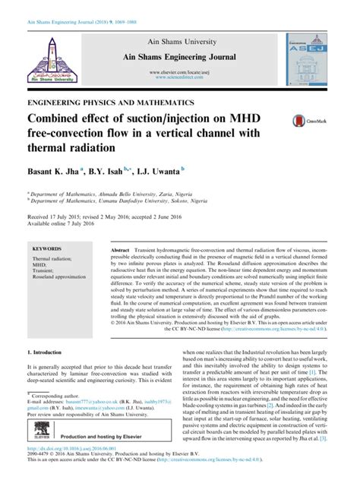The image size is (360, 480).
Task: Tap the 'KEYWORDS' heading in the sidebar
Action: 47,248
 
